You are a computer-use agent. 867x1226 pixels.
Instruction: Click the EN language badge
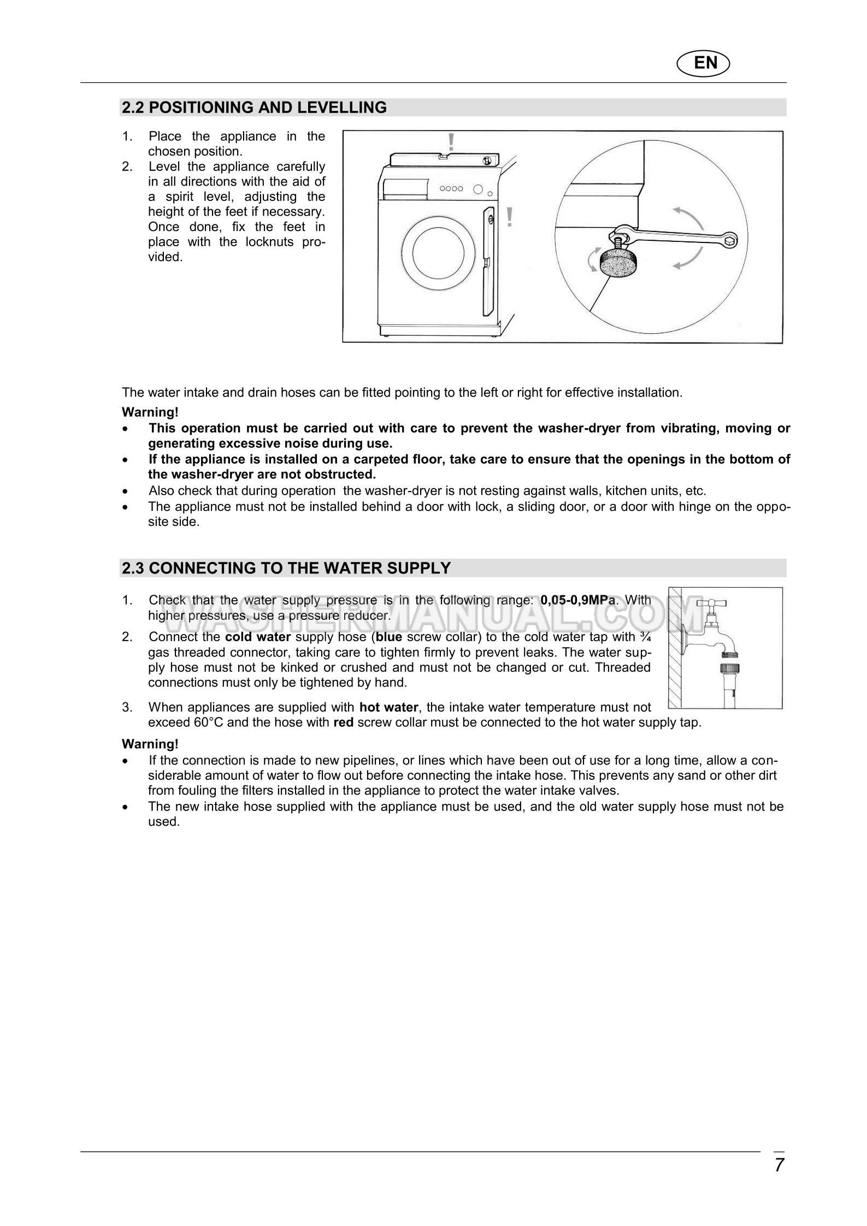[704, 63]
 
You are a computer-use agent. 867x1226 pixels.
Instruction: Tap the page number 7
[779, 1165]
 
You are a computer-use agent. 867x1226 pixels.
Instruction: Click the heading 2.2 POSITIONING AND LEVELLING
[255, 108]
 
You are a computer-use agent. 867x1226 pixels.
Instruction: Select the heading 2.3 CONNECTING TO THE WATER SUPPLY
[287, 568]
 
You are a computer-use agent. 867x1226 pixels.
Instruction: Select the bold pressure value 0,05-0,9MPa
[578, 600]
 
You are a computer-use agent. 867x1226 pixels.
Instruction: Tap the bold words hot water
[389, 708]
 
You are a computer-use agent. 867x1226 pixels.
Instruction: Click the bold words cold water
[258, 637]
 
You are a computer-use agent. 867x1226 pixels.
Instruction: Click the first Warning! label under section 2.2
[150, 412]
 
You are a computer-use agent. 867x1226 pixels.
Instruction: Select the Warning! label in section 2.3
[150, 744]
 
